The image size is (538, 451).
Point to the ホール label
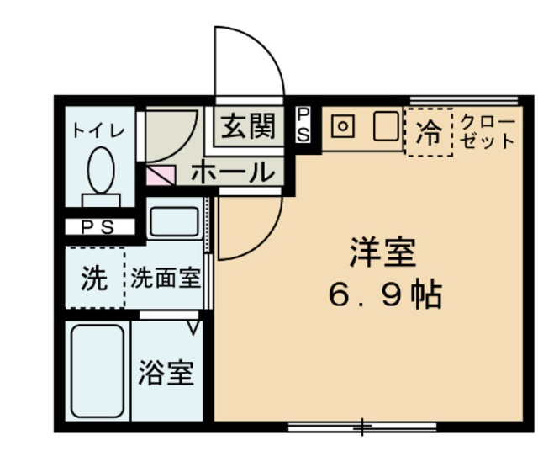coord(233,173)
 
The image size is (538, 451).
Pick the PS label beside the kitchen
coord(303,124)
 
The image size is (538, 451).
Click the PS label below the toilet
coord(99,226)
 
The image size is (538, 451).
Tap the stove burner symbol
coord(343,128)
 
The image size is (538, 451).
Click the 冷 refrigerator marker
coord(429,133)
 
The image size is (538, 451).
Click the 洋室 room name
coord(382,253)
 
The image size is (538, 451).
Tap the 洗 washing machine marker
coord(93,279)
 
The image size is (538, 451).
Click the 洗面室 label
coord(166,279)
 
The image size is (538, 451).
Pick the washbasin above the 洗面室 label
coord(173,221)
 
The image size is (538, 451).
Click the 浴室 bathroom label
coord(166,372)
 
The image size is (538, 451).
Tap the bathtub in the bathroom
coord(98,369)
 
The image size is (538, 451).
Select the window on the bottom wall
coord(361,427)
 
